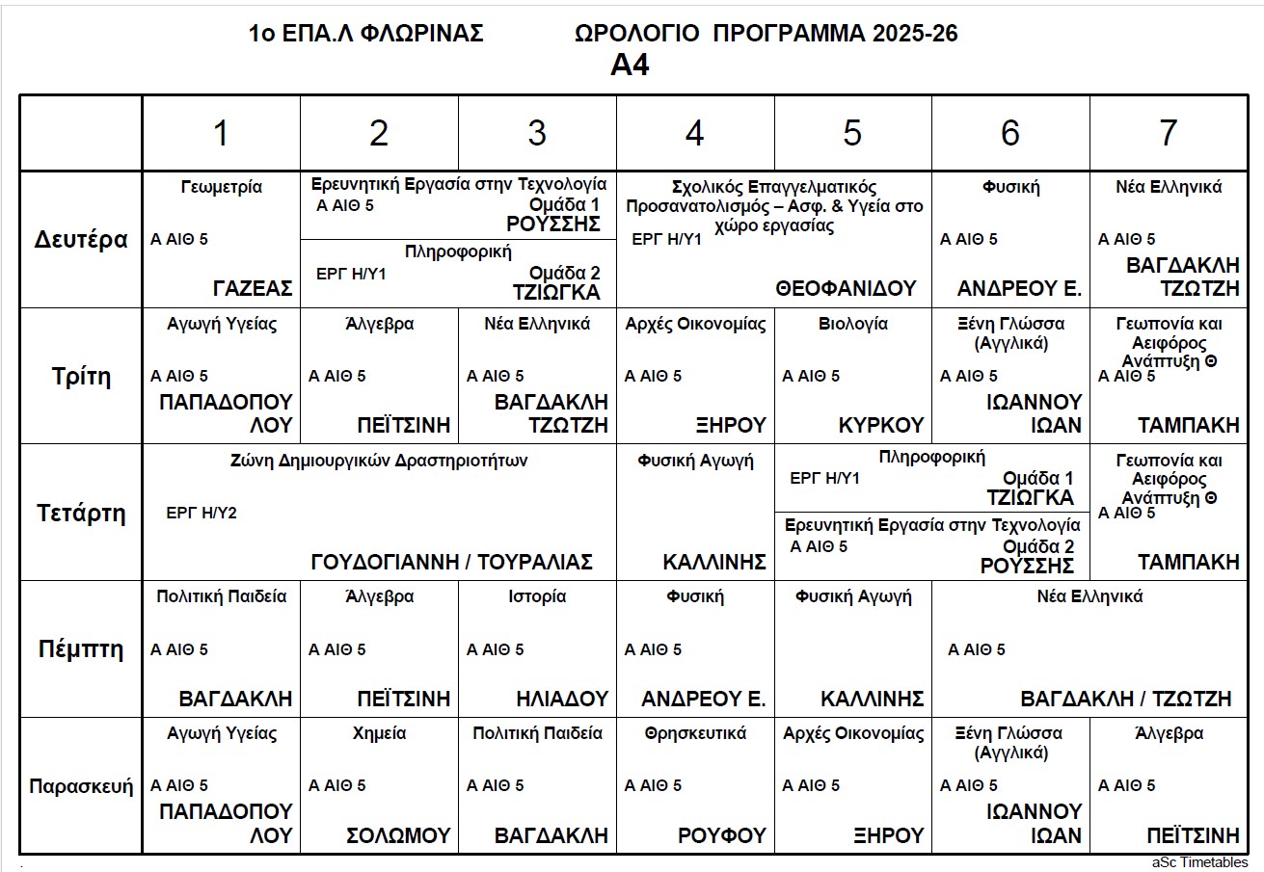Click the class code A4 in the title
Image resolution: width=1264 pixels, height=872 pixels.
click(x=631, y=65)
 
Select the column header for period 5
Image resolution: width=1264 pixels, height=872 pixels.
click(x=852, y=133)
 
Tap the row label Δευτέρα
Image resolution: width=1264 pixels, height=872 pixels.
click(x=82, y=239)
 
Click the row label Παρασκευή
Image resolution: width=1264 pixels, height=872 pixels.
click(x=81, y=785)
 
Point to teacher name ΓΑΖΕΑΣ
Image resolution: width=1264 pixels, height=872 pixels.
click(x=253, y=288)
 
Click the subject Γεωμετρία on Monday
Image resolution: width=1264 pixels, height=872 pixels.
click(x=221, y=187)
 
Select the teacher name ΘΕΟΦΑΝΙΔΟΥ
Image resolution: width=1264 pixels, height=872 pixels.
click(x=845, y=288)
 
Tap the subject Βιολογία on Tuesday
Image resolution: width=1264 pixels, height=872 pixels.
click(x=852, y=324)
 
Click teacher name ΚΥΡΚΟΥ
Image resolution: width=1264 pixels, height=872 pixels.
click(x=881, y=425)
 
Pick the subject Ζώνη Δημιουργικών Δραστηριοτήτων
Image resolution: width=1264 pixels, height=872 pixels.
click(x=378, y=461)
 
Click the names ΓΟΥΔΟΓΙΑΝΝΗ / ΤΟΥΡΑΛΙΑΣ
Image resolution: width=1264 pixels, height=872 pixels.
click(x=451, y=562)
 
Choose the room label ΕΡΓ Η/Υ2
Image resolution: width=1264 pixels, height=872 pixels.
click(x=202, y=513)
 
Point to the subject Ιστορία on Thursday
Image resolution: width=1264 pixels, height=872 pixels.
click(x=537, y=596)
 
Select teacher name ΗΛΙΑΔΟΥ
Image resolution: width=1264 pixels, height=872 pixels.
click(x=562, y=699)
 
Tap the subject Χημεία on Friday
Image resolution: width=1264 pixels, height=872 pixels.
click(x=379, y=733)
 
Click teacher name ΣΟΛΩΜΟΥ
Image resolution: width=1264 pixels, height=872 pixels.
click(x=398, y=835)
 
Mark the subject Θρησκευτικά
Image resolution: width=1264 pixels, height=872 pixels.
click(x=695, y=733)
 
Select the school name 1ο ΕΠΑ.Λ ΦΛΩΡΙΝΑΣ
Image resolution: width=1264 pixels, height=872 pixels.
click(x=365, y=34)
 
